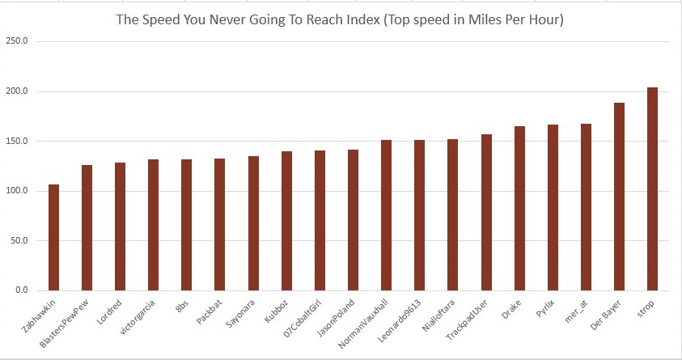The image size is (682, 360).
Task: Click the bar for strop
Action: click(x=652, y=188)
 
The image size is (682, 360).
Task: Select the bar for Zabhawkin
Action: click(x=53, y=237)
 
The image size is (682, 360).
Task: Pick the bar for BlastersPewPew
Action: click(x=87, y=227)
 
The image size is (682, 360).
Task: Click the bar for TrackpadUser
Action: click(x=486, y=212)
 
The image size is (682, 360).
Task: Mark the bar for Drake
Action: click(x=519, y=208)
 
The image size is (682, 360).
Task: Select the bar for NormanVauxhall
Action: click(x=386, y=214)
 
